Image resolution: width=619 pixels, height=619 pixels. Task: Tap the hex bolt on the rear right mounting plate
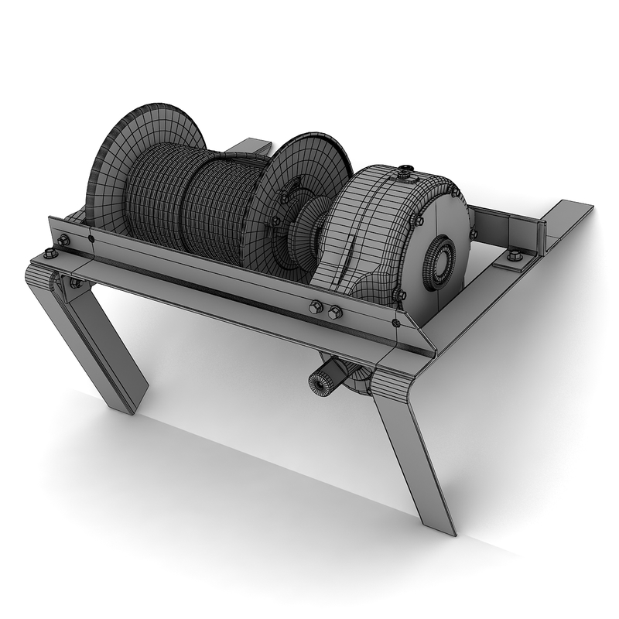tap(515, 256)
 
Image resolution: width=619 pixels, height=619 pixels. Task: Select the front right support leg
tap(418, 457)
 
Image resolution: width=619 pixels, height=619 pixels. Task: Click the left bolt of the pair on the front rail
tap(316, 307)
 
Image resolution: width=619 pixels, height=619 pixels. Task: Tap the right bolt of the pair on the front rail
tap(335, 313)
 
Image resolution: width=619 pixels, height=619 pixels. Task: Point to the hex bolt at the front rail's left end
tap(62, 241)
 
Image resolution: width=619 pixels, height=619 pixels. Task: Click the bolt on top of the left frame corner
tap(50, 252)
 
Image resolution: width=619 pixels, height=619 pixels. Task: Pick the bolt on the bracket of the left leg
tap(75, 283)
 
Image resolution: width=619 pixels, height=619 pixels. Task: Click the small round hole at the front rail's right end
tap(396, 322)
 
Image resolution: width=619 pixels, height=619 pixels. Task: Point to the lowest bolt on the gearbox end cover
tap(400, 295)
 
